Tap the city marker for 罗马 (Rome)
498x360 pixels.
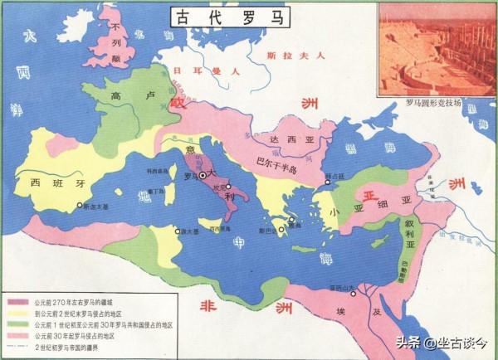point(202,176)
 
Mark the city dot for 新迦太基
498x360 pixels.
point(80,205)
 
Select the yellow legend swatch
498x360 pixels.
point(18,315)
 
